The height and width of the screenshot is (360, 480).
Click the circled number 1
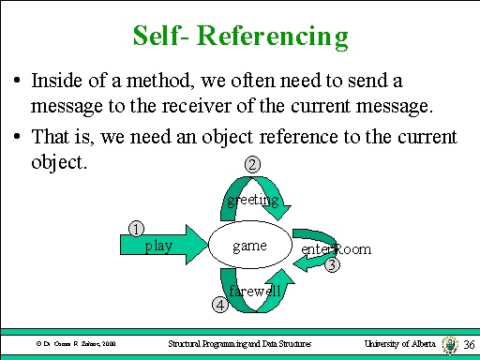[137, 228]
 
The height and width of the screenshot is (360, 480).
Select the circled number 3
[333, 265]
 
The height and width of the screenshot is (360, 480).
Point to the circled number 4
[219, 304]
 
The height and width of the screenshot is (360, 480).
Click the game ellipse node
[249, 247]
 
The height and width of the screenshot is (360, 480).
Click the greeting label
[253, 200]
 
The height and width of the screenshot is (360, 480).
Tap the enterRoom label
[336, 249]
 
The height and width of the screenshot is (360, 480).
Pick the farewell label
[255, 292]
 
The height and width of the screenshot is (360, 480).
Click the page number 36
[470, 345]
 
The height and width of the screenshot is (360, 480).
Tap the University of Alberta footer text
[398, 345]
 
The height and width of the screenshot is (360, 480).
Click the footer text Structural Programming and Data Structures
[239, 345]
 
